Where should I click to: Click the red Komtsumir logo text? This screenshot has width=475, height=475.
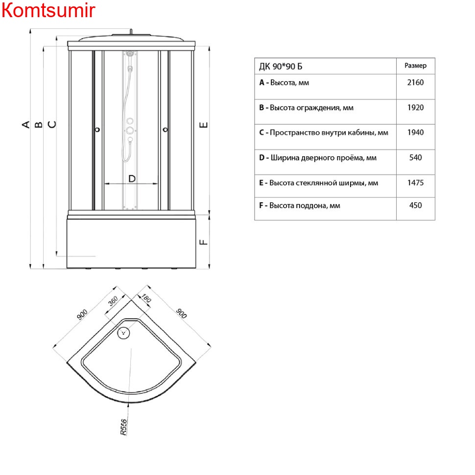pyautogui.click(x=48, y=10)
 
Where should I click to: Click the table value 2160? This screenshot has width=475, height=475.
pyautogui.click(x=415, y=82)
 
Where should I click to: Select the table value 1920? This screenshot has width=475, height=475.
pyautogui.click(x=415, y=108)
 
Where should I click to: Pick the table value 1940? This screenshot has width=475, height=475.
pyautogui.click(x=415, y=132)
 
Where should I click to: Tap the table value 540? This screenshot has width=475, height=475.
pyautogui.click(x=415, y=158)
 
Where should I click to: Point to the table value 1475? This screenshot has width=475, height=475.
pyautogui.click(x=415, y=183)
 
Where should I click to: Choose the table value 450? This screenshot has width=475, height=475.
pyautogui.click(x=415, y=205)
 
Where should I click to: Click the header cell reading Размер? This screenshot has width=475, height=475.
pyautogui.click(x=415, y=66)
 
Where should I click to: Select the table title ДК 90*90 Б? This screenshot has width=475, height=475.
pyautogui.click(x=281, y=66)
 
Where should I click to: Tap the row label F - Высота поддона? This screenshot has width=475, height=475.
pyautogui.click(x=300, y=206)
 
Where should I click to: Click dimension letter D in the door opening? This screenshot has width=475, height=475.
pyautogui.click(x=132, y=179)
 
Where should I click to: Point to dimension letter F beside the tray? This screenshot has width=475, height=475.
pyautogui.click(x=204, y=242)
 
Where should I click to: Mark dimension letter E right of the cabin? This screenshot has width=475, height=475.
pyautogui.click(x=204, y=125)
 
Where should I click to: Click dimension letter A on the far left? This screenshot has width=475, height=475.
pyautogui.click(x=26, y=124)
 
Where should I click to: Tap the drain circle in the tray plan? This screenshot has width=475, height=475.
pyautogui.click(x=123, y=333)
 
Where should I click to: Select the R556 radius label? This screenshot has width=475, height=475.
pyautogui.click(x=123, y=427)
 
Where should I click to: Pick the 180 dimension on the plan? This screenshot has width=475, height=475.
pyautogui.click(x=146, y=298)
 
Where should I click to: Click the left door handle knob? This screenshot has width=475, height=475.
pyautogui.click(x=97, y=130)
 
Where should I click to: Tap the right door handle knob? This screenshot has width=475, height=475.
pyautogui.click(x=165, y=130)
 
